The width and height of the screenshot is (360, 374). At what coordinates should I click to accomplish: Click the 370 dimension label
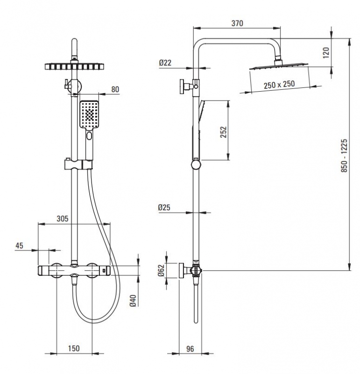tap(237, 23)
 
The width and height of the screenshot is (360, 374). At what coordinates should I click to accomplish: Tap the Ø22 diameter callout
tap(165, 63)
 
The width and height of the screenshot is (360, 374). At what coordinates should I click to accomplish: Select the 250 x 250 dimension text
tap(279, 85)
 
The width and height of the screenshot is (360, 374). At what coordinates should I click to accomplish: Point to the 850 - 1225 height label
tap(344, 156)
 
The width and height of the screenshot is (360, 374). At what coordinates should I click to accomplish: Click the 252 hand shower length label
tap(224, 132)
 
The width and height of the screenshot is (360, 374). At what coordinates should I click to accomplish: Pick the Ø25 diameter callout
tap(164, 208)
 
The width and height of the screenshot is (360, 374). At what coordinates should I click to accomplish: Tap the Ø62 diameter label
tap(161, 270)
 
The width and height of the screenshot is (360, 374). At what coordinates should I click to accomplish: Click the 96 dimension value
tap(190, 349)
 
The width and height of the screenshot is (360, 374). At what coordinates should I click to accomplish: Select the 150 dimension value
tap(74, 348)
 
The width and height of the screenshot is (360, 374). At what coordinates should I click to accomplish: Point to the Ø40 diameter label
tap(133, 301)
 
